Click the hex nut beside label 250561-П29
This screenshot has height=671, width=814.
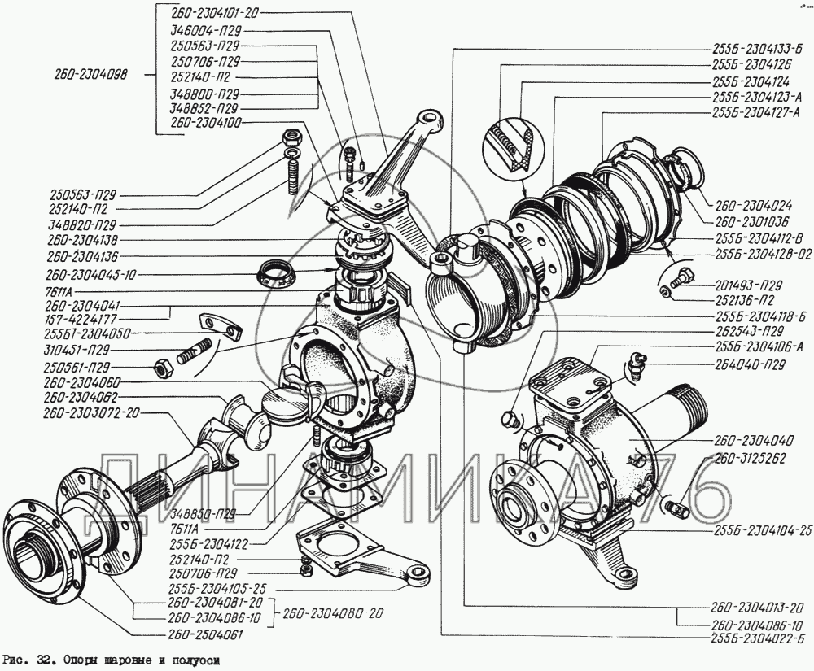(x=162, y=367)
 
